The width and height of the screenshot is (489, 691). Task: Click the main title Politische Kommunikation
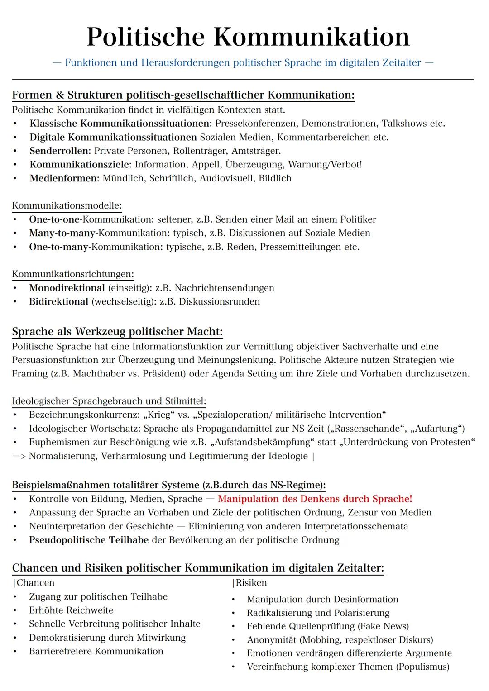pyautogui.click(x=248, y=37)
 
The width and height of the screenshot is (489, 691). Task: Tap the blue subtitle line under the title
pyautogui.click(x=243, y=62)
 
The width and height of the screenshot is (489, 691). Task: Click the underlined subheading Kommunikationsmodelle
pyautogui.click(x=67, y=205)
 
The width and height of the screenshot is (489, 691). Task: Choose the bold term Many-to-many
pyautogui.click(x=62, y=233)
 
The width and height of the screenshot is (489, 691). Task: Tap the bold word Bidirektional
pyautogui.click(x=58, y=301)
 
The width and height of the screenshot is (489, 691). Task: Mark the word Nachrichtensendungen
pyautogui.click(x=224, y=288)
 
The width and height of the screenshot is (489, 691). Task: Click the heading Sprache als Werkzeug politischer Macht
pyautogui.click(x=117, y=332)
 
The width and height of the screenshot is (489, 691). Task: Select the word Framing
pyautogui.click(x=29, y=374)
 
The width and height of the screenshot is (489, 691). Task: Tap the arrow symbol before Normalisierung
pyautogui.click(x=19, y=456)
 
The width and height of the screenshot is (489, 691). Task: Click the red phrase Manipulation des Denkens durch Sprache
pyautogui.click(x=315, y=499)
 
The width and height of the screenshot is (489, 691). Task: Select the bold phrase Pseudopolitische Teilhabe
pyautogui.click(x=89, y=540)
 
